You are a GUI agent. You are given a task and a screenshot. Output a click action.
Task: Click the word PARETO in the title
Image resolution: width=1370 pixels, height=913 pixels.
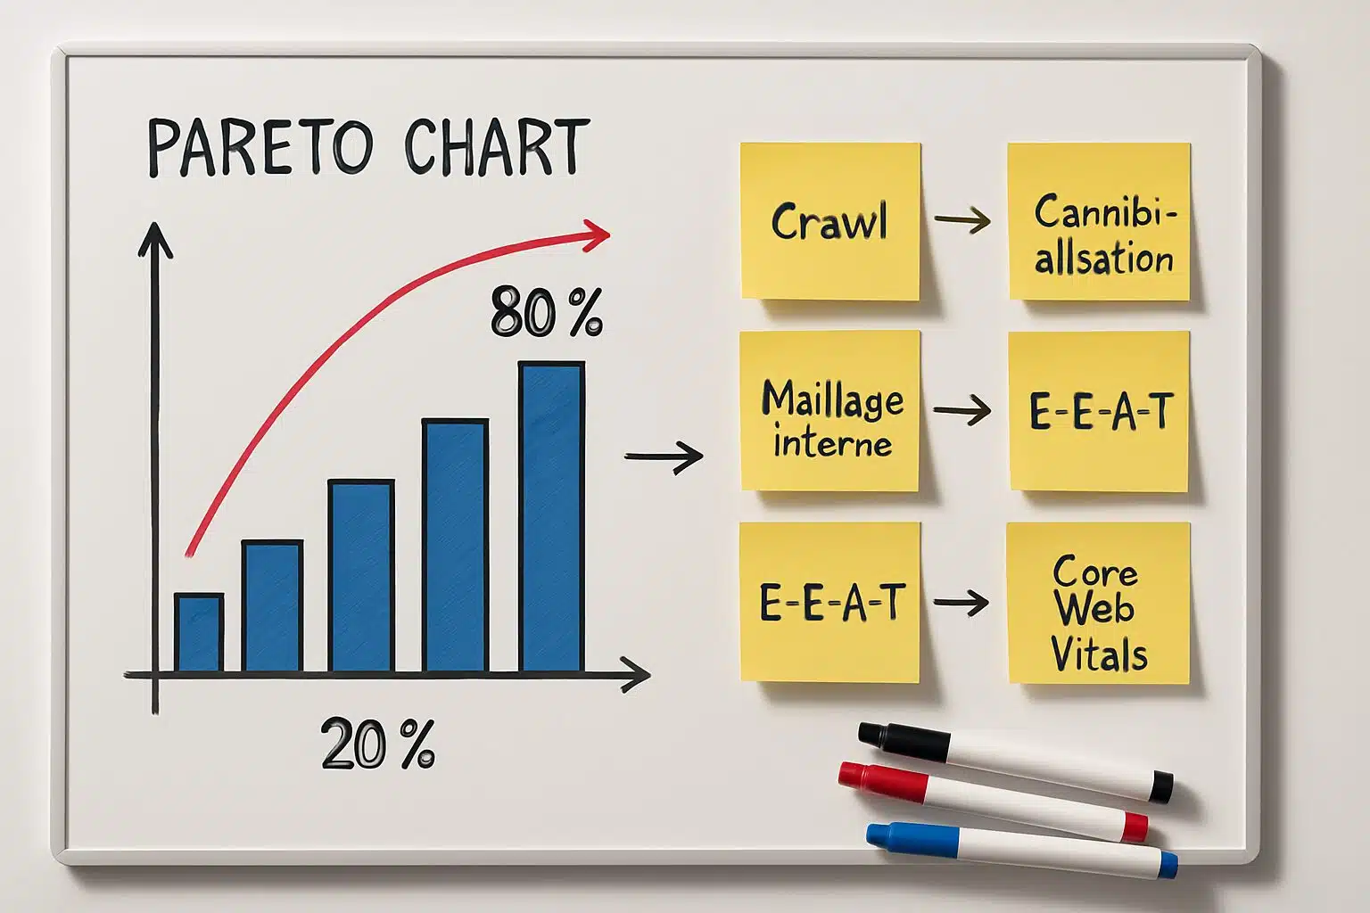coord(260,147)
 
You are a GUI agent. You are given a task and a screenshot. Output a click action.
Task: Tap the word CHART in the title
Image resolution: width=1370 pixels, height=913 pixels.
coord(496,147)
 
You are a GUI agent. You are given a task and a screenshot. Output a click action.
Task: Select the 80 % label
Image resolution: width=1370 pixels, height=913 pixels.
coord(546,313)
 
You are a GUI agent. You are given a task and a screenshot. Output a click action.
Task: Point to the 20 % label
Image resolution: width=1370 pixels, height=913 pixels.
coord(378,744)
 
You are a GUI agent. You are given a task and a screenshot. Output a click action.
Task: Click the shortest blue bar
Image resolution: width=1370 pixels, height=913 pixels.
coord(198,632)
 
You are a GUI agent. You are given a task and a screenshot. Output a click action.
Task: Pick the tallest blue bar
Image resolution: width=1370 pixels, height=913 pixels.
coord(551,517)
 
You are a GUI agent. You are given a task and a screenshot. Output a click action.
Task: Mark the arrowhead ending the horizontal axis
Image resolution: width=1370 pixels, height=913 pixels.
coord(637,676)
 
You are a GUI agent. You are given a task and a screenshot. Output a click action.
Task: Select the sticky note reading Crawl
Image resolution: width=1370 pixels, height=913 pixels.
coord(829,221)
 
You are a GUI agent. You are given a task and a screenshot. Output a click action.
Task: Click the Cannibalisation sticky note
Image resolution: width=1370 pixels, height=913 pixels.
coord(1099,221)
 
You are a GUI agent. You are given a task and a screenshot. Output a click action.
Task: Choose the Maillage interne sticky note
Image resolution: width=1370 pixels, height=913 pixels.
coord(829,411)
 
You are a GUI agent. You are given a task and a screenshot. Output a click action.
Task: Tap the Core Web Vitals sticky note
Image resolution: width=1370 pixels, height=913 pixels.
coord(1098,604)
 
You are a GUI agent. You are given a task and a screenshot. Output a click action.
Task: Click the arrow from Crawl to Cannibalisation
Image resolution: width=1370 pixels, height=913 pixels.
coord(962,220)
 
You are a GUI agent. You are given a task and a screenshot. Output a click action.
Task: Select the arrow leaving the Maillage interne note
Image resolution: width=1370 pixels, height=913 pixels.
coord(962,411)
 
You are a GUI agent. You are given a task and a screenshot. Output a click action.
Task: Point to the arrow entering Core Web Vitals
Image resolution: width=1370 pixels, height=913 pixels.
coord(961,603)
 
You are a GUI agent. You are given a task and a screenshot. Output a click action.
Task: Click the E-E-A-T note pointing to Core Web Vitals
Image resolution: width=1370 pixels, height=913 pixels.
coord(829,603)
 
